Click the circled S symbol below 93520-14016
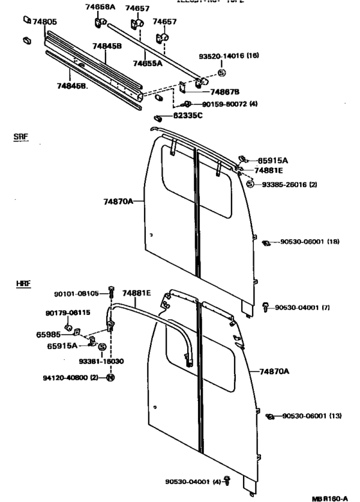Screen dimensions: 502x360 [x=222, y=73]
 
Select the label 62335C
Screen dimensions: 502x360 [x=187, y=116]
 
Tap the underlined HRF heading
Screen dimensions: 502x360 [x=22, y=283]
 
